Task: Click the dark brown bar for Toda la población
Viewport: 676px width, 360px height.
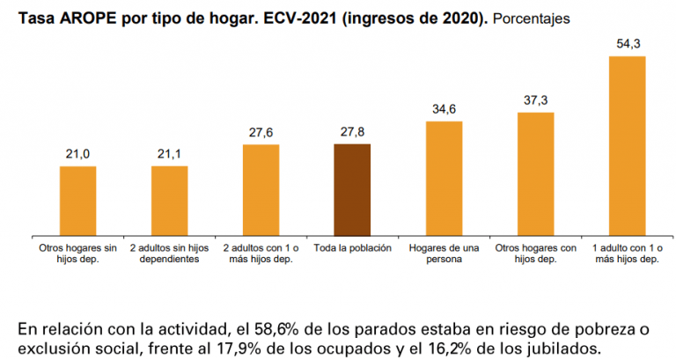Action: click(x=352, y=190)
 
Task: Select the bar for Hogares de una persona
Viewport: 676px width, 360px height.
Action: click(x=444, y=179)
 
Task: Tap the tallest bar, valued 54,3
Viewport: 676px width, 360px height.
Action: click(x=628, y=146)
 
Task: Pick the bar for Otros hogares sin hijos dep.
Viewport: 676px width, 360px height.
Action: click(x=78, y=202)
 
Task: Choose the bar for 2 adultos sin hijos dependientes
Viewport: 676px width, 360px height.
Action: click(x=169, y=202)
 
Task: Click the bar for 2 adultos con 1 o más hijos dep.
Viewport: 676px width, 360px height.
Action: click(x=261, y=191)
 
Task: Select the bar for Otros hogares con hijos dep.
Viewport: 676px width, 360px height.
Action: click(x=536, y=174)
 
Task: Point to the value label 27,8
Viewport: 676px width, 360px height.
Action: click(x=352, y=132)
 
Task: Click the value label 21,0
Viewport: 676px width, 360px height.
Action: click(x=78, y=154)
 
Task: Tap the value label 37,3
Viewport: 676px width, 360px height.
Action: click(x=536, y=100)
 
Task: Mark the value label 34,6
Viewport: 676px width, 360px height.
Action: click(x=444, y=109)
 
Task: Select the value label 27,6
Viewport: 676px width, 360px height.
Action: click(x=261, y=132)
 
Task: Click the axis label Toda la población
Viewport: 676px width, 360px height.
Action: click(x=353, y=248)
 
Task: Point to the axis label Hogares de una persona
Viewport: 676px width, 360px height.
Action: click(x=444, y=253)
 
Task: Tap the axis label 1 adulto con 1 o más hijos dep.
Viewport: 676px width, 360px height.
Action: click(x=628, y=253)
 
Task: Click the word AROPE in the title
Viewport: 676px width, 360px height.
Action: click(x=84, y=19)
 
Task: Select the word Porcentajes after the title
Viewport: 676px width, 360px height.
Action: click(x=531, y=19)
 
